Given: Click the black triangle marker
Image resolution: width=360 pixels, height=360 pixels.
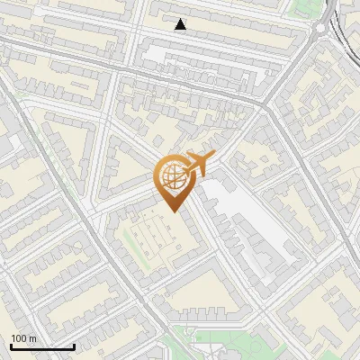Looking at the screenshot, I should tap(181, 24).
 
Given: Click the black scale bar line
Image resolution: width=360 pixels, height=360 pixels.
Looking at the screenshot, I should tap(42, 346).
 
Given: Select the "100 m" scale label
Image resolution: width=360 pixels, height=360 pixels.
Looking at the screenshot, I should tap(24, 338).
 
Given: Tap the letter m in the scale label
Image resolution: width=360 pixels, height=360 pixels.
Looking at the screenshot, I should tap(33, 338).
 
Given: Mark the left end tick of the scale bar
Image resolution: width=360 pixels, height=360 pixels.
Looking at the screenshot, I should tap(11, 346).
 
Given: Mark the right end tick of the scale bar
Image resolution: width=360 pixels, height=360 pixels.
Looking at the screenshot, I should tap(74, 346).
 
